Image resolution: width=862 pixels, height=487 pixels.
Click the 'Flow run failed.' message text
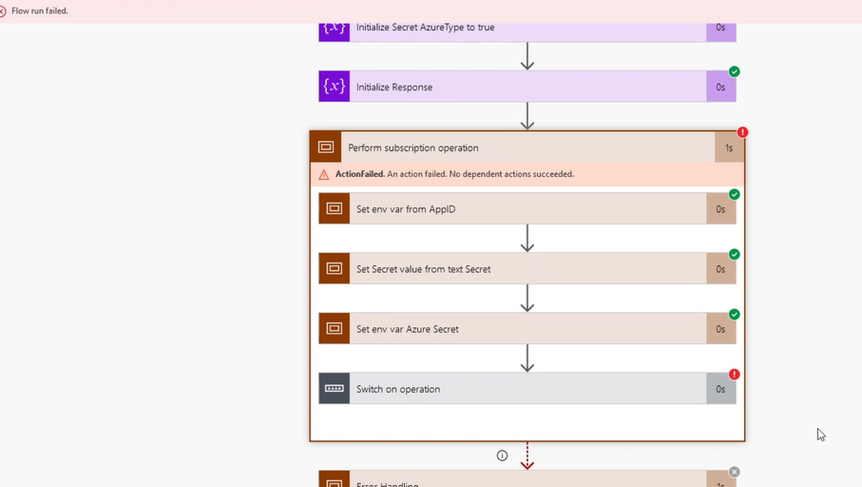(x=40, y=11)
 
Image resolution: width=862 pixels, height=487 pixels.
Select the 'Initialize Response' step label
(x=394, y=87)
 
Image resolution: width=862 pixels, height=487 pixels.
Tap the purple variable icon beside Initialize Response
(x=334, y=86)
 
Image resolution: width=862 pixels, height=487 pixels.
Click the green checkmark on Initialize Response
(x=734, y=72)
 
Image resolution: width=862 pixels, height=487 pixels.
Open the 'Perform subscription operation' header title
(x=413, y=148)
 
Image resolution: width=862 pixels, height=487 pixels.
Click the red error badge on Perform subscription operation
(x=742, y=132)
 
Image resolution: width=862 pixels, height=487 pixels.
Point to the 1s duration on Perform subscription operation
(x=729, y=148)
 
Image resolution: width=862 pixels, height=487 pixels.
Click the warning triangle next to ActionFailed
(x=324, y=175)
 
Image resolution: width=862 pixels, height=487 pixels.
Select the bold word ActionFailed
(x=360, y=174)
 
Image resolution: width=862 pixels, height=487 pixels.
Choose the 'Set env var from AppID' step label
(x=406, y=209)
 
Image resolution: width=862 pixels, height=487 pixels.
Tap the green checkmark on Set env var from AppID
(x=734, y=194)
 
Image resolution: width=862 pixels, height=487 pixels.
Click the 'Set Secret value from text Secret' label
(x=423, y=269)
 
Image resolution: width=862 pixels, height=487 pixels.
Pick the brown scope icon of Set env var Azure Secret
(x=334, y=329)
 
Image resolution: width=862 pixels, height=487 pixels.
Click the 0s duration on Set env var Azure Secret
(x=720, y=329)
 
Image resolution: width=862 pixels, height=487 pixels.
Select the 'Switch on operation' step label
(x=398, y=389)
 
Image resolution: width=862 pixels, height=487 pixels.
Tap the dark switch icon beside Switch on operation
(x=334, y=388)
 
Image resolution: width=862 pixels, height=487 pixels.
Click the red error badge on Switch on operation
(x=734, y=374)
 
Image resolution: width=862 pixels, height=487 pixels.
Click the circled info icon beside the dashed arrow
(x=502, y=455)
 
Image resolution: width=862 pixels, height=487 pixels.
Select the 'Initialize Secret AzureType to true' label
(x=425, y=27)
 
